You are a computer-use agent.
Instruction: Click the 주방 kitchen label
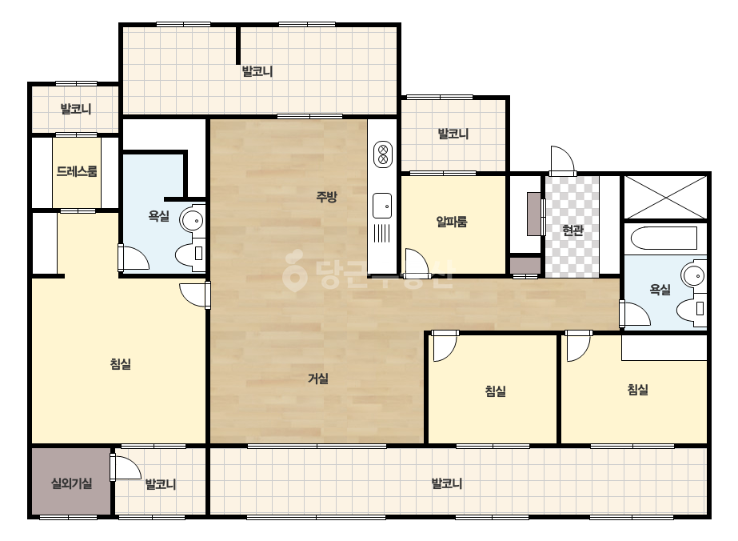(x=326, y=197)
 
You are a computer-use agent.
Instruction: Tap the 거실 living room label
(x=318, y=378)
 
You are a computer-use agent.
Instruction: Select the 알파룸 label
(x=452, y=221)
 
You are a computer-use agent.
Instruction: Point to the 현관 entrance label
(x=572, y=230)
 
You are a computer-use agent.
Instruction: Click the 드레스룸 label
(x=77, y=171)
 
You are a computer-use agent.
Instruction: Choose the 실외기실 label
(x=71, y=483)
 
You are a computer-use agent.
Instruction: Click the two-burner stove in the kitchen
(x=383, y=154)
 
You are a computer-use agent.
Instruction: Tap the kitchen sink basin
(x=382, y=206)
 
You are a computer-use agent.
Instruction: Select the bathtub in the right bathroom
(x=664, y=238)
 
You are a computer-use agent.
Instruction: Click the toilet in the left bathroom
(x=190, y=254)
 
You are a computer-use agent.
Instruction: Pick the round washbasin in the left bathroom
(x=193, y=219)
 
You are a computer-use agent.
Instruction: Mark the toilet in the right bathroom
(x=692, y=310)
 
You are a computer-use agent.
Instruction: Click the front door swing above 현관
(x=563, y=160)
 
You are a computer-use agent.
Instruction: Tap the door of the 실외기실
(x=126, y=467)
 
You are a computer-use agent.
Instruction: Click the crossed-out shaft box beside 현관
(x=665, y=197)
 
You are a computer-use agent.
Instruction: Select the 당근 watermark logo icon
(x=294, y=271)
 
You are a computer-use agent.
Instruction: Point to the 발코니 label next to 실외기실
(x=161, y=483)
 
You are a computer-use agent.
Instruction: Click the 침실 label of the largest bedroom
(x=121, y=363)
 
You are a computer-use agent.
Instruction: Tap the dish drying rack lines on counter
(x=381, y=233)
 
